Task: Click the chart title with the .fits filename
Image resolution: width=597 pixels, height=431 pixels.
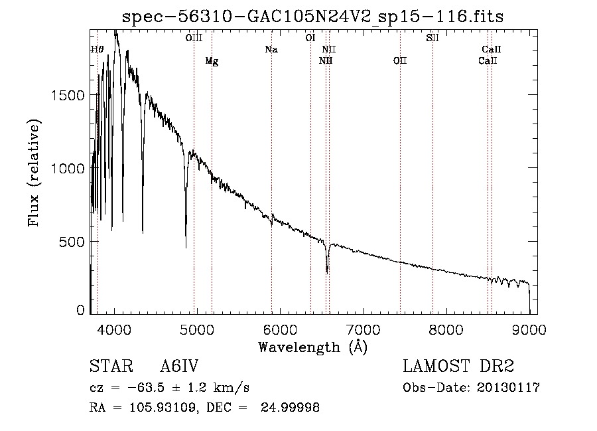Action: coord(312,17)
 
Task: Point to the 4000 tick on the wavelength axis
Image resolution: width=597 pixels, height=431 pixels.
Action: coord(114,329)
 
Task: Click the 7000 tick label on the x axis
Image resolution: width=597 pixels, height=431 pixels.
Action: coord(364,329)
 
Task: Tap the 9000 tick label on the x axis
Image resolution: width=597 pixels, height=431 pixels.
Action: coord(529,329)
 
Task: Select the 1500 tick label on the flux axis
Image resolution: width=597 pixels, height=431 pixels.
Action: coord(68,95)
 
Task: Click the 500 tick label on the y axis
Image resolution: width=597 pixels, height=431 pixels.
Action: coord(72,242)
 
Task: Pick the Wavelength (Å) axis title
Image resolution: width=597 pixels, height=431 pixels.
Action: coord(313,347)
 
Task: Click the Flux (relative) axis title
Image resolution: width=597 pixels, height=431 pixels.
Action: coord(34,173)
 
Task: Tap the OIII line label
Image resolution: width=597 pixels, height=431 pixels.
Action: coord(194,38)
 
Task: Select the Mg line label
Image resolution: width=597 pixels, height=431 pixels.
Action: coord(212,61)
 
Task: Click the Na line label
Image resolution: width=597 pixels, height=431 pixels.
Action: coord(271,49)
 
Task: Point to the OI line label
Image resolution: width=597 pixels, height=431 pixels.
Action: coord(310,38)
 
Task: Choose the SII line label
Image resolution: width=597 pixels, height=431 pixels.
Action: coord(432,38)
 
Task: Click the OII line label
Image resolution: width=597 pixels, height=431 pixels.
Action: coord(400,60)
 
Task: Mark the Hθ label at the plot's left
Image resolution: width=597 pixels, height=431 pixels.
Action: coord(97,49)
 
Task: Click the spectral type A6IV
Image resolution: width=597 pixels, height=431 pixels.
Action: coord(179,366)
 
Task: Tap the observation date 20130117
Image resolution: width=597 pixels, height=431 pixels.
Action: coord(508,388)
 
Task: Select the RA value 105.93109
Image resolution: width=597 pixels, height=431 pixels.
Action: coord(163,407)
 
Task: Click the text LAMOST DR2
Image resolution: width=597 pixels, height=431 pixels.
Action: coord(458,366)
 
